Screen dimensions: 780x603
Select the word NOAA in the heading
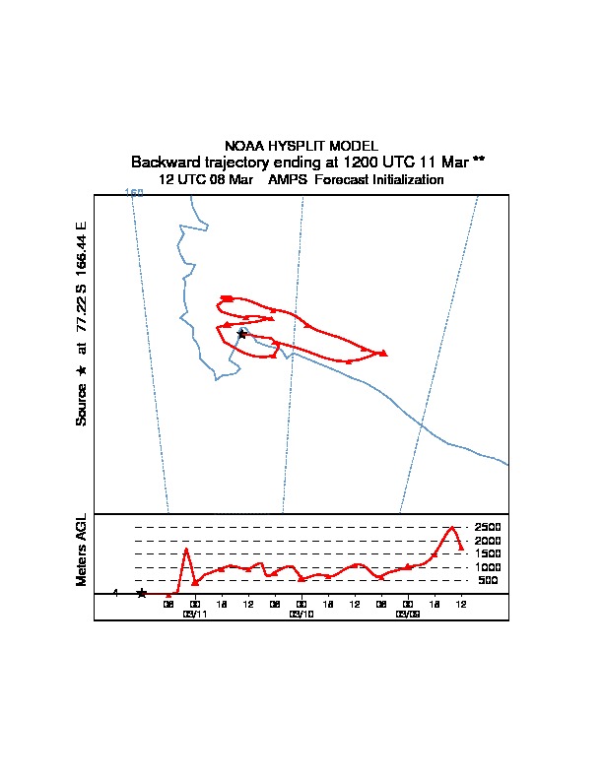pyautogui.click(x=244, y=146)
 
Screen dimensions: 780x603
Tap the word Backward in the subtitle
pyautogui.click(x=165, y=162)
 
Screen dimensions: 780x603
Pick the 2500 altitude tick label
pyautogui.click(x=489, y=527)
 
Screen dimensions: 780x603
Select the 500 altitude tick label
pyautogui.click(x=489, y=581)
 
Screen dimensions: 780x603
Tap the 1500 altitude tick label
pyautogui.click(x=489, y=553)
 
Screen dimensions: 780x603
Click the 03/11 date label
pyautogui.click(x=194, y=614)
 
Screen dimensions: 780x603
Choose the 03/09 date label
pyautogui.click(x=407, y=614)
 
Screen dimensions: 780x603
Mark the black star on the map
pyautogui.click(x=242, y=334)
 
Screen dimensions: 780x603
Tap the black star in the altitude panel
pyautogui.click(x=142, y=593)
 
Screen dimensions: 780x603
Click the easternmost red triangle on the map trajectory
pyautogui.click(x=383, y=353)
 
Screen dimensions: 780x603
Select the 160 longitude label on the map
pyautogui.click(x=134, y=192)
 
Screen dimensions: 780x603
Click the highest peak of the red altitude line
pyautogui.click(x=452, y=528)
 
